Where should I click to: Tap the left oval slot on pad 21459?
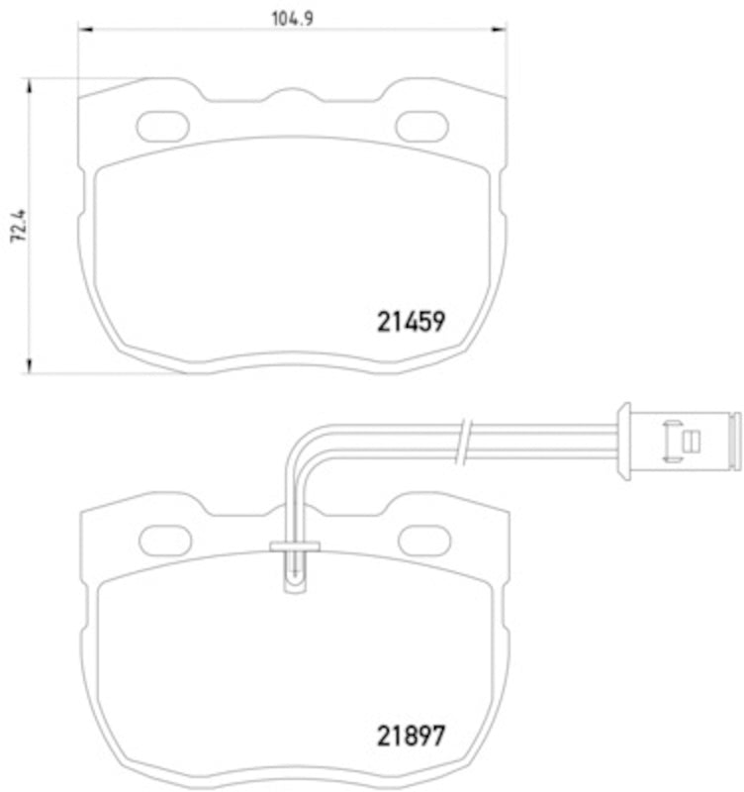click(x=162, y=127)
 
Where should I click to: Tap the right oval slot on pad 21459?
click(x=421, y=127)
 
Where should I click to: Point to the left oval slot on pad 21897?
click(x=165, y=540)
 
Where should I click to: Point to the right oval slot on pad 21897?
click(x=424, y=540)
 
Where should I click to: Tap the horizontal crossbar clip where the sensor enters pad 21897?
click(x=295, y=545)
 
